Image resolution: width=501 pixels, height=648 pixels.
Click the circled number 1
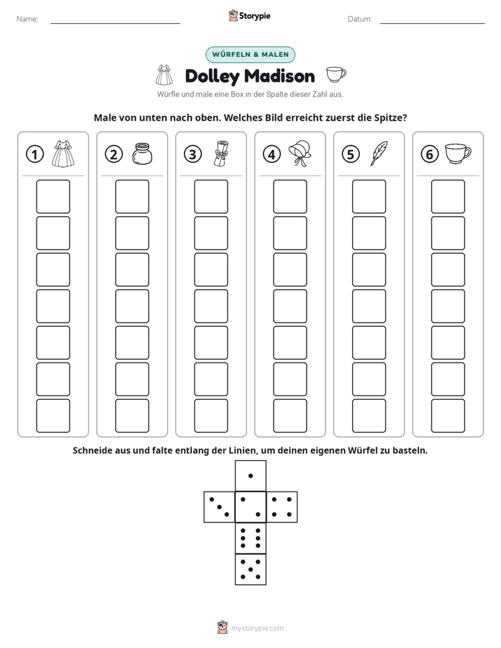(34, 154)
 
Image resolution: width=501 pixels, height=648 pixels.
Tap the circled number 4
(272, 154)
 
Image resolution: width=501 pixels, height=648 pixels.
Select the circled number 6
(429, 154)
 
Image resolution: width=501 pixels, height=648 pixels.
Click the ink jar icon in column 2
(142, 154)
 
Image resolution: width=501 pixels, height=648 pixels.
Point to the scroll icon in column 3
(221, 154)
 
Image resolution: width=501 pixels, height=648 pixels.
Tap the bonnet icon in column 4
(300, 153)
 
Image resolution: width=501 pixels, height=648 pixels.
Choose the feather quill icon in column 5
(379, 154)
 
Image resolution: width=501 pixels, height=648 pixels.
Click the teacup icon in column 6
(458, 154)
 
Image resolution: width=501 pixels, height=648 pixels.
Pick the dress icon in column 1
(63, 154)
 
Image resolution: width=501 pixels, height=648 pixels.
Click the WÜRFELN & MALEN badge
(250, 55)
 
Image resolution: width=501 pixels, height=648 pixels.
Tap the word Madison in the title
(279, 76)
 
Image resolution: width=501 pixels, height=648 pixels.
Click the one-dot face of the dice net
(250, 475)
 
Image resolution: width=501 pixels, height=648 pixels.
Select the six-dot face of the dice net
(250, 538)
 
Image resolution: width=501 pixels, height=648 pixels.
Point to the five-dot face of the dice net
(250, 569)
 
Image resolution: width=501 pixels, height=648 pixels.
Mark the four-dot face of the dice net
(282, 507)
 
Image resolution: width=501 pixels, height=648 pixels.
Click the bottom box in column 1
(53, 416)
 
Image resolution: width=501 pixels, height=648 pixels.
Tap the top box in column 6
(448, 196)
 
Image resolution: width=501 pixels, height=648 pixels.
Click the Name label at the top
(27, 19)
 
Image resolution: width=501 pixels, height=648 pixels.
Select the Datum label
(360, 19)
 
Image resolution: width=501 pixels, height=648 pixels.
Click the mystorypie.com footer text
(257, 628)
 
